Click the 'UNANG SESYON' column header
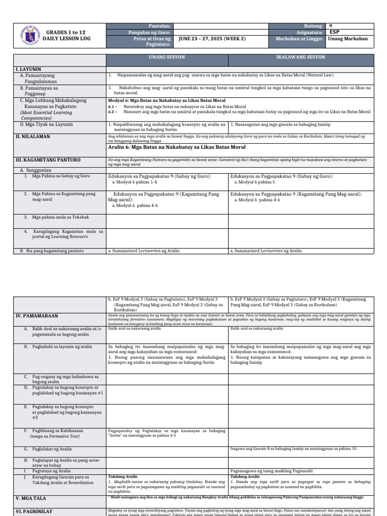tap(167, 58)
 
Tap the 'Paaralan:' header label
tap(160, 26)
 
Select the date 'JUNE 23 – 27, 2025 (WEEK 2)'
tap(212, 39)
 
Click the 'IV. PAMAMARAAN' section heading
tap(37, 316)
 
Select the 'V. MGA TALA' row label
tap(31, 498)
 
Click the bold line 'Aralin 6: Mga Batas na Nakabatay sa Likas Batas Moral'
tap(177, 147)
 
